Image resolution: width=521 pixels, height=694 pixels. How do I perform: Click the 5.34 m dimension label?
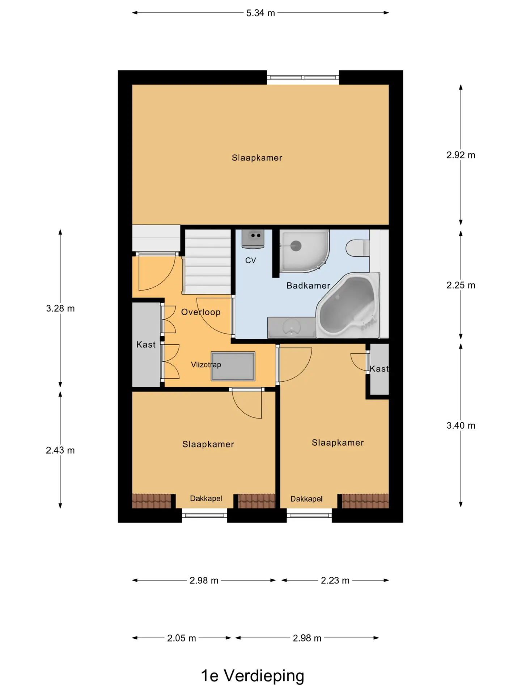click(x=260, y=13)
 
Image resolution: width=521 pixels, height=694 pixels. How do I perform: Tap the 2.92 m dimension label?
click(x=461, y=155)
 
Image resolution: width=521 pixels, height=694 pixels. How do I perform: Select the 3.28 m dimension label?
click(x=60, y=308)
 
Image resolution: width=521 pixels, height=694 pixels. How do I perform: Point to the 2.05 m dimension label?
click(x=181, y=638)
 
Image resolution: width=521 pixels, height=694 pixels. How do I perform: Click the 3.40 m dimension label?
click(x=461, y=425)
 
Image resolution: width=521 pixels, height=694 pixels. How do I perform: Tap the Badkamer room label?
click(x=308, y=286)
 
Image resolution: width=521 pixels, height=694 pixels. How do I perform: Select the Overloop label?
click(x=201, y=312)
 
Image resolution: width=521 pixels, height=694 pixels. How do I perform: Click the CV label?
click(x=250, y=260)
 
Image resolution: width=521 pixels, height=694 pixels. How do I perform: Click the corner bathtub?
click(x=347, y=306)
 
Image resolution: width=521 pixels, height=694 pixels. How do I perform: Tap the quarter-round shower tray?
click(x=304, y=251)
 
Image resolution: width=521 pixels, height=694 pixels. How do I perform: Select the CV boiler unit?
click(x=253, y=239)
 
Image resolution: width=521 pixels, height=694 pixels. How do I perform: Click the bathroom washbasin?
click(x=292, y=327)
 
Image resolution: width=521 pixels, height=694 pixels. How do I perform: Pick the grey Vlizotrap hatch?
click(x=233, y=366)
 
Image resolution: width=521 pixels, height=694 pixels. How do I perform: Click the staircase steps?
click(x=208, y=262)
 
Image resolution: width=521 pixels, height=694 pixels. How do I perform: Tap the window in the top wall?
click(x=303, y=77)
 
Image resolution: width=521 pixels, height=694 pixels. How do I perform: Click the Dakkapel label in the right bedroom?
click(x=306, y=499)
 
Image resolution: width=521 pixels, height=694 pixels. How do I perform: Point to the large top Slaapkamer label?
click(x=257, y=158)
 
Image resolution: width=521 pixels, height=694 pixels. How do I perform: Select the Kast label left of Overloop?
click(x=146, y=344)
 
